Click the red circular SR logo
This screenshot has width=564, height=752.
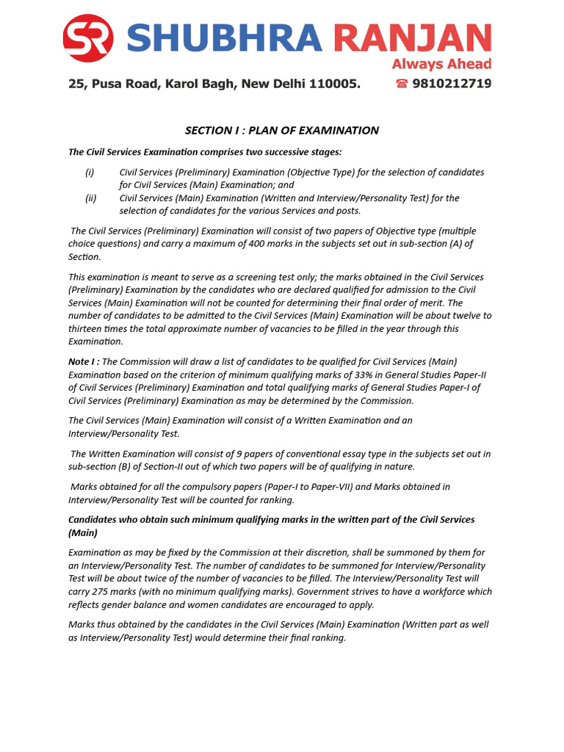click(x=88, y=38)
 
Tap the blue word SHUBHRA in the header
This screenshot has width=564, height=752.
click(x=224, y=39)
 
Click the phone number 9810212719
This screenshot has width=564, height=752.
click(x=452, y=84)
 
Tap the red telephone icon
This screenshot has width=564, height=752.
click(x=402, y=84)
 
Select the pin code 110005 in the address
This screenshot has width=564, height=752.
click(x=335, y=84)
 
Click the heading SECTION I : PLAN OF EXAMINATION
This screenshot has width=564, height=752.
click(x=282, y=131)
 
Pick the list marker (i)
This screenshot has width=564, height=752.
click(x=90, y=172)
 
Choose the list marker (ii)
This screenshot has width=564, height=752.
click(x=91, y=198)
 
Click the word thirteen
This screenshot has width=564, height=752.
click(x=87, y=329)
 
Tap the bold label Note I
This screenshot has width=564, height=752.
click(x=83, y=361)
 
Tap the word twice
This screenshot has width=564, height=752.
click(x=157, y=579)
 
